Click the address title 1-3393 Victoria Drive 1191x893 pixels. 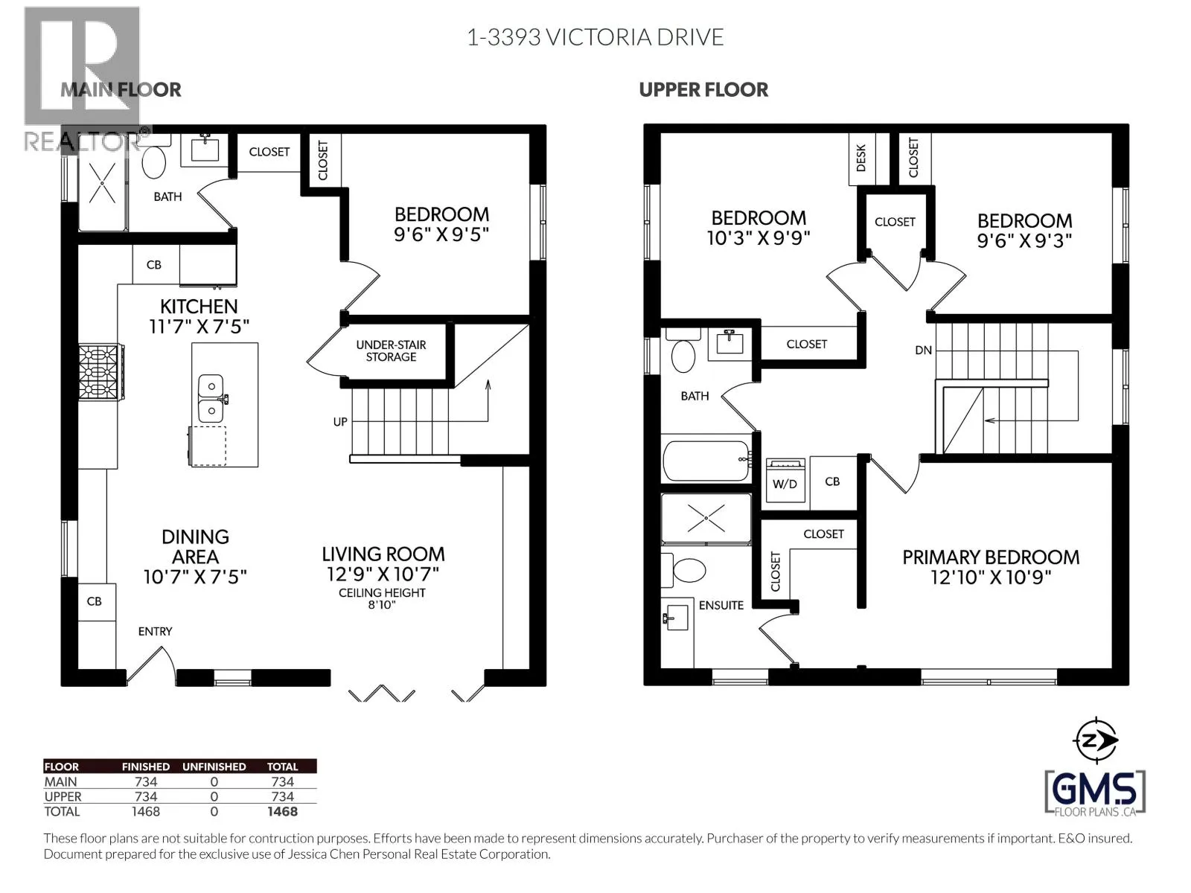coord(595,37)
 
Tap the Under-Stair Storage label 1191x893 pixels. coord(391,351)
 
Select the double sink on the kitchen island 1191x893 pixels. coord(211,399)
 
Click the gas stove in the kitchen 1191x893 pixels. coord(101,373)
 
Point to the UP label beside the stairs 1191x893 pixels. coord(340,421)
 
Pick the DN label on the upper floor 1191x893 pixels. coord(923,351)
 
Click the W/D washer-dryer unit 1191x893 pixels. coord(785,480)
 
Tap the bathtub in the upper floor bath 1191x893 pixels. coord(706,461)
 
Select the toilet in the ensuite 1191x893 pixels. coord(683,570)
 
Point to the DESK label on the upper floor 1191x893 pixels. coord(861,159)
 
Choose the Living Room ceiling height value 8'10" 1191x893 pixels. coord(382,604)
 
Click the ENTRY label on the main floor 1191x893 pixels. coord(155,631)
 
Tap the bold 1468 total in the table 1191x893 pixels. coord(282,811)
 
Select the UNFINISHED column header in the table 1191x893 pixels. coord(214,766)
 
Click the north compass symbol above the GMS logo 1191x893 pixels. coord(1095,740)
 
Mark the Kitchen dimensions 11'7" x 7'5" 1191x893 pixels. coord(199,327)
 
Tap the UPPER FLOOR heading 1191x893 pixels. coord(703,90)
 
